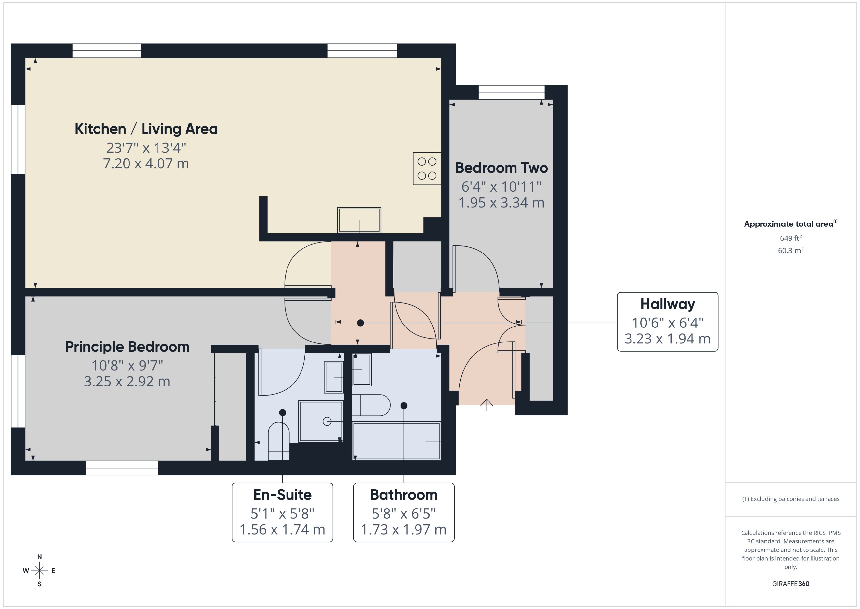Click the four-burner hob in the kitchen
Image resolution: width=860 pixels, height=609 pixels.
point(427,168)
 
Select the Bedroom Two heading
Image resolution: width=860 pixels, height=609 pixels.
point(502,168)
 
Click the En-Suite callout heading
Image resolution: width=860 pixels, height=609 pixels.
point(282,495)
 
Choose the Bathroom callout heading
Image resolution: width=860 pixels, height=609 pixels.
point(403,495)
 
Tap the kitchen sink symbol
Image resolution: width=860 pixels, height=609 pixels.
point(359,220)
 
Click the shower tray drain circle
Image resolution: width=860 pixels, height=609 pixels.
point(327,421)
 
